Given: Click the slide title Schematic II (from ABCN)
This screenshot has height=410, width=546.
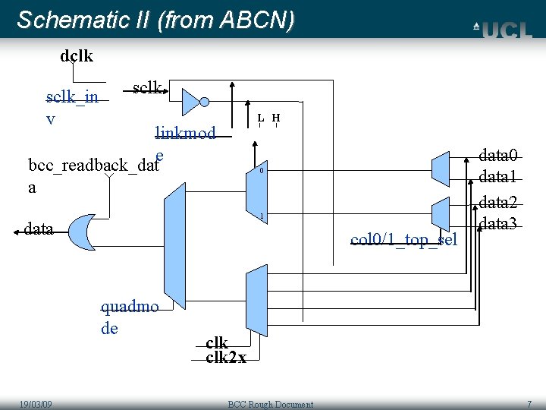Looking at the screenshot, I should (155, 20).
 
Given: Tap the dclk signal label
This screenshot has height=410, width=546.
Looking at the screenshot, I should (77, 55).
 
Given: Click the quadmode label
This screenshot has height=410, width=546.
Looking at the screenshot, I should (129, 317).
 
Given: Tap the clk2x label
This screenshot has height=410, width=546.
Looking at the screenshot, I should (226, 357).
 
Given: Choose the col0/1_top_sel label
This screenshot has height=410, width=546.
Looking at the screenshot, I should (403, 240).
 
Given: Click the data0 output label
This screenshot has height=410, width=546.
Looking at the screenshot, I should (498, 156).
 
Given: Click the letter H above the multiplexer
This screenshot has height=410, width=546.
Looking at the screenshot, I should (276, 118).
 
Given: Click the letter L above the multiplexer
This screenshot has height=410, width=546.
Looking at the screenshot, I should (260, 118).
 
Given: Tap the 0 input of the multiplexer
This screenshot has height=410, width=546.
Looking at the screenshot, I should (261, 171).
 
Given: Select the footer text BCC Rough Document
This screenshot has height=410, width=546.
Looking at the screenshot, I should (271, 404).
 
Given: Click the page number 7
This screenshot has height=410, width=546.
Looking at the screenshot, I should (529, 404).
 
